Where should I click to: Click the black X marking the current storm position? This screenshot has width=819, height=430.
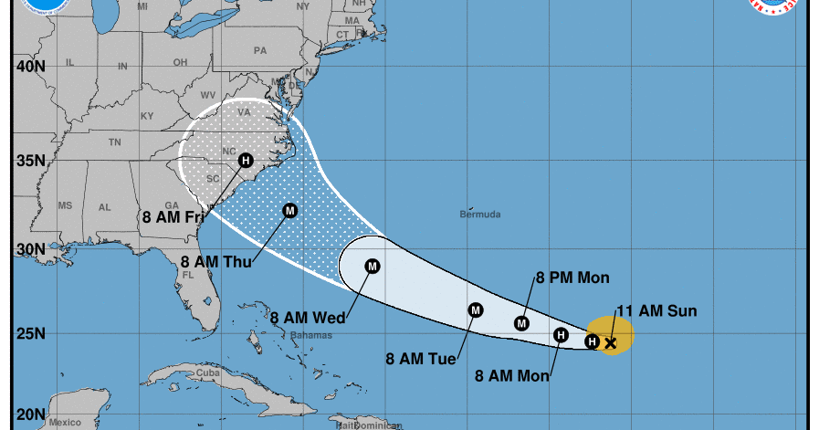click(x=611, y=343)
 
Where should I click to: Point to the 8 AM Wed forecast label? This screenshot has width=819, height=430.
click(x=308, y=318)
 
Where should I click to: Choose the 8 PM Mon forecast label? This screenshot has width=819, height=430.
click(x=572, y=278)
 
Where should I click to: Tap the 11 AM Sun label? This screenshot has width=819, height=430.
click(x=656, y=311)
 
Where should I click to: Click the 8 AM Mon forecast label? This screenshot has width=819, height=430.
click(x=512, y=374)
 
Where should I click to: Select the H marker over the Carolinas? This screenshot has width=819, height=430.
click(x=246, y=161)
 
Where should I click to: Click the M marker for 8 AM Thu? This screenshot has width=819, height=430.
click(x=290, y=210)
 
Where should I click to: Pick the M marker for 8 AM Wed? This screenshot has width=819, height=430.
click(x=373, y=267)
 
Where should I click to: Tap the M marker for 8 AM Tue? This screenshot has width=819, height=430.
click(x=476, y=310)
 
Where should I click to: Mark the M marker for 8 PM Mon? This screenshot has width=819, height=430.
click(x=522, y=322)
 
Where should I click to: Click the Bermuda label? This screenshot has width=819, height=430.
click(x=480, y=215)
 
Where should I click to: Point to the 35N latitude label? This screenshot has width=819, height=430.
click(x=31, y=162)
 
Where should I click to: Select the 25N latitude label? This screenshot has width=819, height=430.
click(x=31, y=333)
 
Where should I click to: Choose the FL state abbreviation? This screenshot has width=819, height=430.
click(x=188, y=274)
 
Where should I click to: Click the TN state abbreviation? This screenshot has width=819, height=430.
click(x=114, y=142)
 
